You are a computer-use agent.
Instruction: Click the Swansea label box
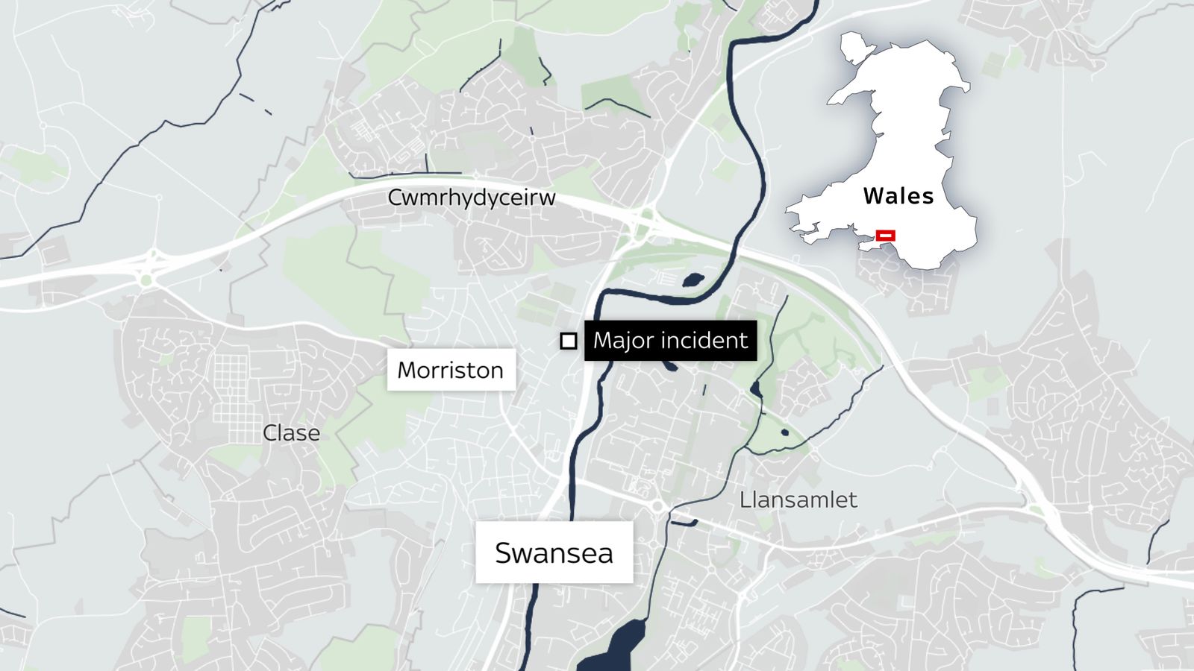554,552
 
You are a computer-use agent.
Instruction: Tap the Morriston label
451,370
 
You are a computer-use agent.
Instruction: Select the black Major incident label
670,341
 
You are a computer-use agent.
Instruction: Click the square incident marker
569,341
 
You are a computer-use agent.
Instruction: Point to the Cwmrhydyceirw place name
472,198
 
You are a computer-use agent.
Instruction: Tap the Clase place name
291,433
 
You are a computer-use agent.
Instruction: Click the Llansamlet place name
798,500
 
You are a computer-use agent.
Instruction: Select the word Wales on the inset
898,196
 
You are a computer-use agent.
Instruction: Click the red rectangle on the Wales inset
886,236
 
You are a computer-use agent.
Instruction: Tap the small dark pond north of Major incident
693,280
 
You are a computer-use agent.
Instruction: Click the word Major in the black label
622,341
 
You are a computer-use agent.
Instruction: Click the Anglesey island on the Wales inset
854,47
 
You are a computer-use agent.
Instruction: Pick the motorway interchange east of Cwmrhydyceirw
643,221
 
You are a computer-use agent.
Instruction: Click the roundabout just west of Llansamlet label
658,507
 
